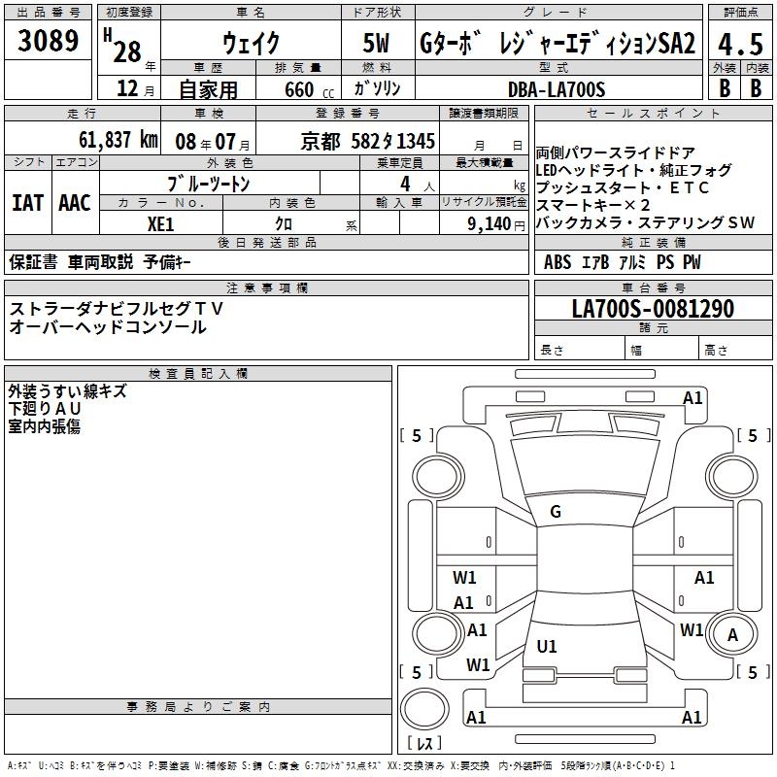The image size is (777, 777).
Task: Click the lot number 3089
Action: point(48,41)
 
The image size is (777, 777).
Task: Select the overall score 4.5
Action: point(740,44)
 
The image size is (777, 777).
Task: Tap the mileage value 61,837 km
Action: point(118,140)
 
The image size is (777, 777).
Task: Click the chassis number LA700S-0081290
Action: point(653,308)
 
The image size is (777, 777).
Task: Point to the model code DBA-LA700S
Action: point(557,89)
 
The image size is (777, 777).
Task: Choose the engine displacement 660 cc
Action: point(309,90)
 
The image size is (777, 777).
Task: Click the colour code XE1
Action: point(160,224)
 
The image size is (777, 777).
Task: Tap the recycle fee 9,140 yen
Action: point(496,224)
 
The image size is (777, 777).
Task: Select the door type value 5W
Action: point(376,43)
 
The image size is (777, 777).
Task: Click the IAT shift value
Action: point(27,203)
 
